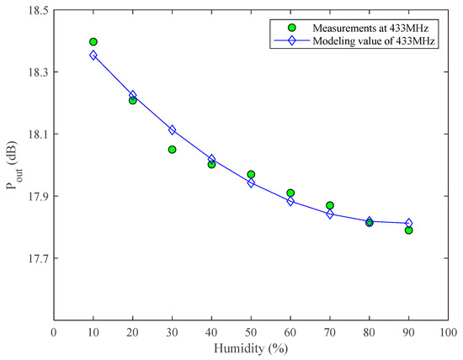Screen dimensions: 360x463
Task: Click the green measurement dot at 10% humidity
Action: (93, 42)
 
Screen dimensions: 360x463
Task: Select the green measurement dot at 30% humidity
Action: (172, 150)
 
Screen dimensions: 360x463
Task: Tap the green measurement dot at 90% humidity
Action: (409, 230)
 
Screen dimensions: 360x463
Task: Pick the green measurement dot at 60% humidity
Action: (290, 193)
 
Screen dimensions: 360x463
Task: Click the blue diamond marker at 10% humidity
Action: (93, 56)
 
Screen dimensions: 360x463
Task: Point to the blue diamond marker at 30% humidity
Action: (172, 130)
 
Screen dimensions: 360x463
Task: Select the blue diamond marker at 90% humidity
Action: (409, 223)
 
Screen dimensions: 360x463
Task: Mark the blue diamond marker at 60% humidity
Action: (290, 201)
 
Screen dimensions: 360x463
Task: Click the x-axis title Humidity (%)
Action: (251, 348)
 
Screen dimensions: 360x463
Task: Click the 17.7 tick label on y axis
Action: (35, 258)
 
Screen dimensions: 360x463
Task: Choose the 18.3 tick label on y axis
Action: (35, 72)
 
